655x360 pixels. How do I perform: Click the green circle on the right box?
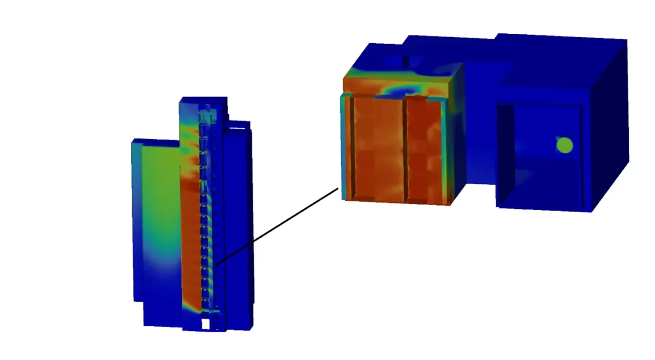564,145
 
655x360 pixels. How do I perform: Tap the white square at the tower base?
205,324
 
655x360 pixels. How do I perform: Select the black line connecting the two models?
278,225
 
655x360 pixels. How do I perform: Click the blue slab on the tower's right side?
238,218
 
